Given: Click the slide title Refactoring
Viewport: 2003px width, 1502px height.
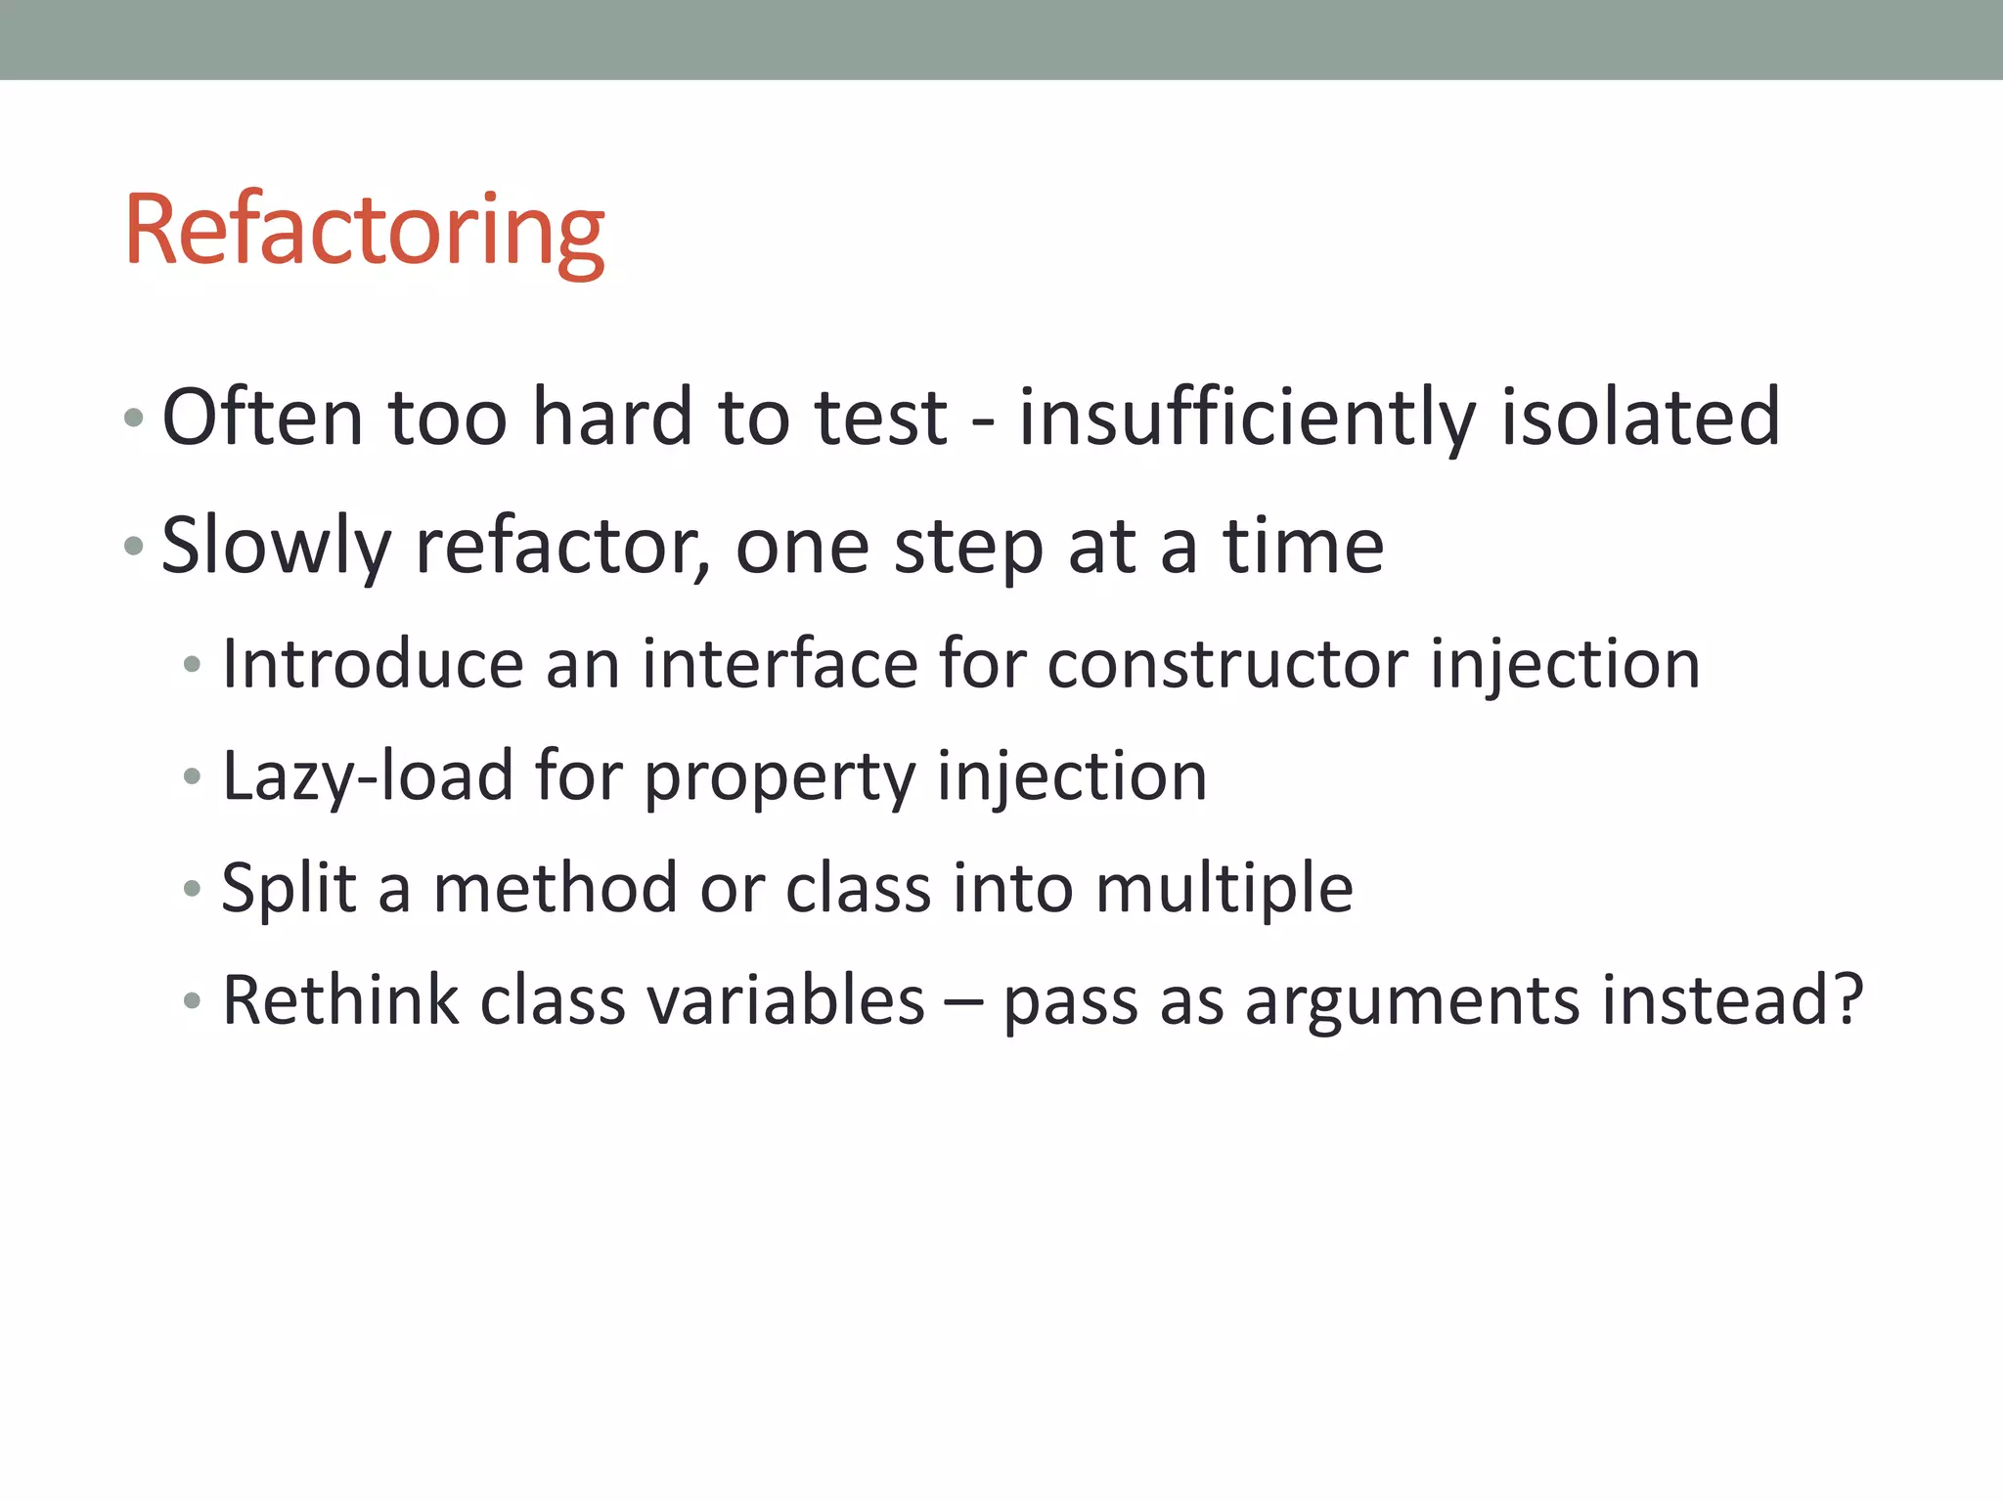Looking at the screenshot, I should point(364,232).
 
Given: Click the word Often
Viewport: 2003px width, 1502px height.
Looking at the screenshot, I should point(262,418).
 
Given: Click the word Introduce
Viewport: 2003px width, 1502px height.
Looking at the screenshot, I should point(373,664).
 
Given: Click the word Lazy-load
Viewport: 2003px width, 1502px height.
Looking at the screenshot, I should point(368,776).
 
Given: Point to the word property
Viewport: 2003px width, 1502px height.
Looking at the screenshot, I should point(779,776).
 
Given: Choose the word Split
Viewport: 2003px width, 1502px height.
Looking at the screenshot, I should point(289,889).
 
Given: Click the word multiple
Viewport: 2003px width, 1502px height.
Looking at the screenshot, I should point(1224,889).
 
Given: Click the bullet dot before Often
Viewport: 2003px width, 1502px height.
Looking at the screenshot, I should point(134,420).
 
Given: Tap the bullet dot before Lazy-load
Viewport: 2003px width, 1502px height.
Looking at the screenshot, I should point(192,777).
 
